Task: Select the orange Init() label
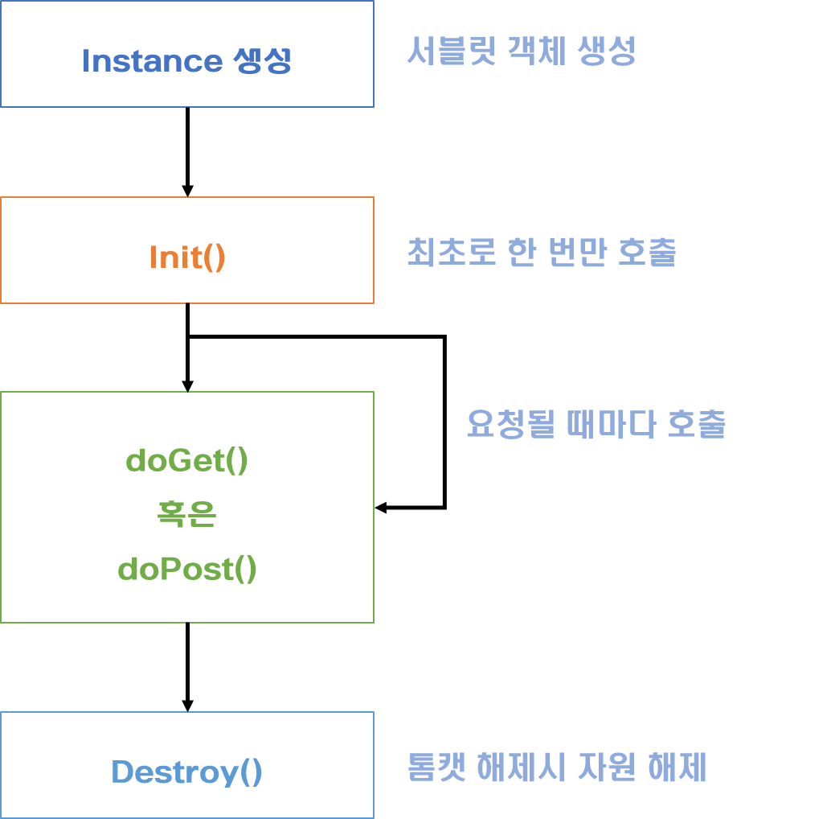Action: pos(187,257)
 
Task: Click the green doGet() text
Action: pos(187,462)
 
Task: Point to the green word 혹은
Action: pos(186,515)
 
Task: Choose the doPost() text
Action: pos(187,570)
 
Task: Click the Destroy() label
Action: pos(187,772)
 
